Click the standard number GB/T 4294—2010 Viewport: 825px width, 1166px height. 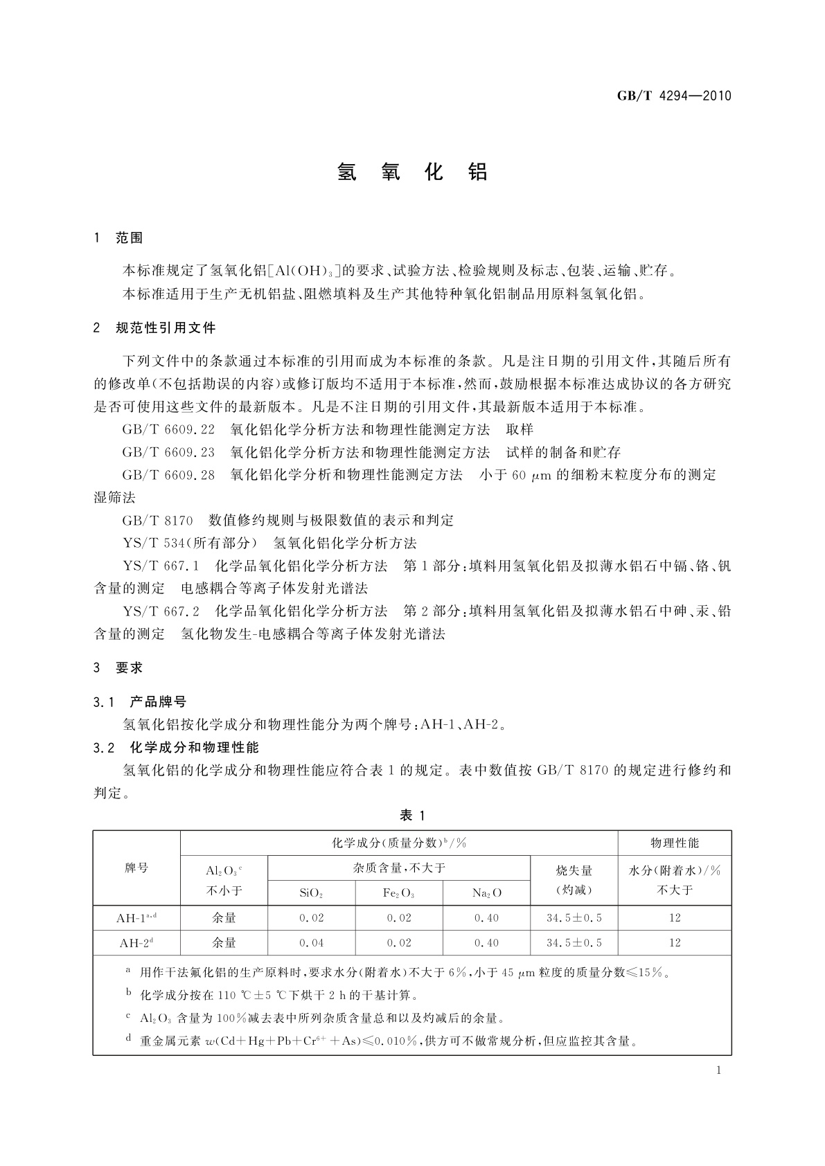click(x=673, y=96)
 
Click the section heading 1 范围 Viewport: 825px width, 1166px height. click(x=118, y=238)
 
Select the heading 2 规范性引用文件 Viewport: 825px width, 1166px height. click(x=154, y=328)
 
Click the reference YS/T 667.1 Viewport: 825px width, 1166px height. click(x=161, y=566)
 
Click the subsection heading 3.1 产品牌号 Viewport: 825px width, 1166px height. click(x=140, y=702)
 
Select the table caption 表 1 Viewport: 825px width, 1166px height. click(x=412, y=816)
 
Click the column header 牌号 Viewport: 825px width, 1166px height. click(x=136, y=868)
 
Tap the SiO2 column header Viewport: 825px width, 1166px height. click(x=311, y=893)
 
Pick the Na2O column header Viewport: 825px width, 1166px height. click(x=486, y=893)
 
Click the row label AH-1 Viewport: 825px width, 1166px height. click(x=136, y=918)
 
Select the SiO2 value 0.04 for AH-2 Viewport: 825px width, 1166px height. click(x=311, y=943)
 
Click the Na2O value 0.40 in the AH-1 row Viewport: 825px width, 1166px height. click(x=486, y=918)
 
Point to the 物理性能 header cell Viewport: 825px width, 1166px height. click(x=675, y=843)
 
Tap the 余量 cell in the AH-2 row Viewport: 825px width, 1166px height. click(x=224, y=943)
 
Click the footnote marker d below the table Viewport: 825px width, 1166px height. click(x=128, y=1039)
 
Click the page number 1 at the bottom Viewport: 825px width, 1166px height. click(x=718, y=1070)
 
